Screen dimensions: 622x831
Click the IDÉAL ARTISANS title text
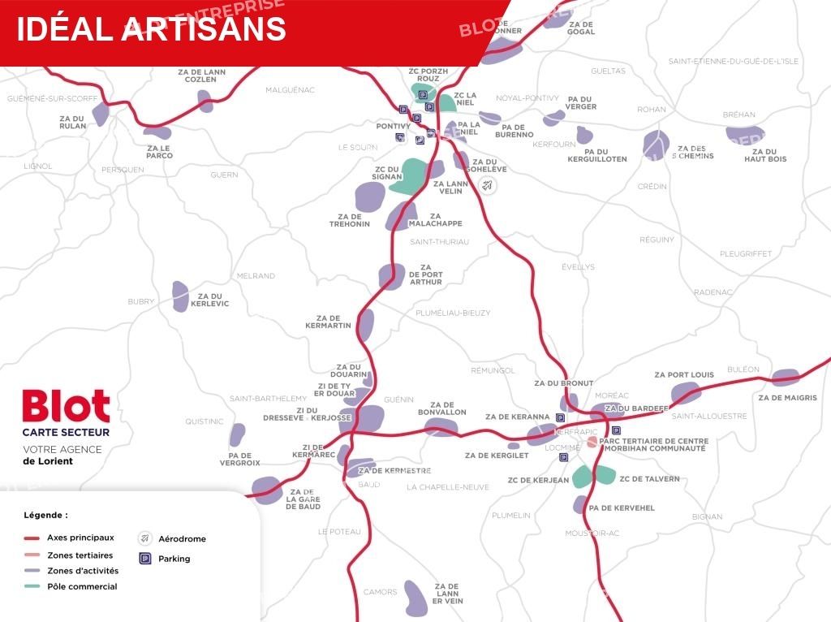(x=151, y=28)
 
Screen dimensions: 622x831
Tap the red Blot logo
(x=66, y=407)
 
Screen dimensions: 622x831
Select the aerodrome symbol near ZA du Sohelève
(x=487, y=185)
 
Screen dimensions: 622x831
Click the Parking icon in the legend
(x=145, y=559)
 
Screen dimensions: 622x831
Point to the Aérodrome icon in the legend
(x=145, y=538)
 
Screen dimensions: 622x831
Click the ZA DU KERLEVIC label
(x=209, y=300)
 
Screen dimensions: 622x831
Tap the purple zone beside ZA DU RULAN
(x=100, y=114)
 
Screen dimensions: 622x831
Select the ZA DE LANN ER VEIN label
(x=448, y=594)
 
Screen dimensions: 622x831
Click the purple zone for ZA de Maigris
(x=785, y=378)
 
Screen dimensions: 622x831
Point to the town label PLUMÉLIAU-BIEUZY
(x=453, y=313)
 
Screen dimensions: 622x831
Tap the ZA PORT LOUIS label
(x=683, y=375)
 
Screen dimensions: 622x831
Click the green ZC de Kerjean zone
(x=581, y=477)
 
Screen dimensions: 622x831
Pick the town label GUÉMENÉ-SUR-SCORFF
(x=52, y=98)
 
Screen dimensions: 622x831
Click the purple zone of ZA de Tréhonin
(x=369, y=195)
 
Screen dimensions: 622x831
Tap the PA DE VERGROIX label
(x=239, y=459)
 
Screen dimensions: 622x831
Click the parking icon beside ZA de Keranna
(x=560, y=417)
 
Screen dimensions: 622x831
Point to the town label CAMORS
(x=380, y=592)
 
